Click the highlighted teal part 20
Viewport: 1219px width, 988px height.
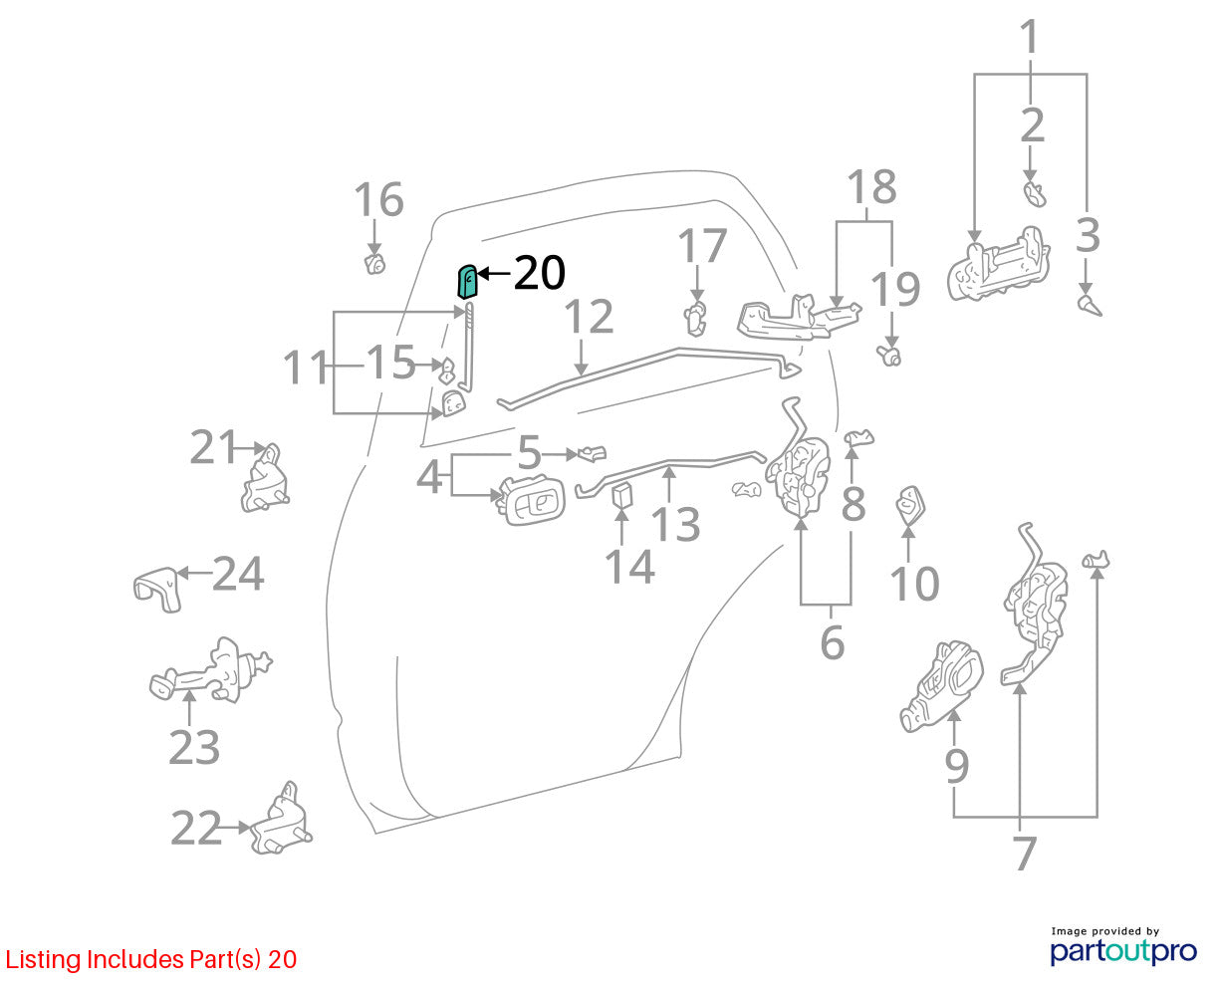(467, 282)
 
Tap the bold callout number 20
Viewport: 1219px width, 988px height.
(539, 273)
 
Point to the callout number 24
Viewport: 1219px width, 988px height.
(238, 574)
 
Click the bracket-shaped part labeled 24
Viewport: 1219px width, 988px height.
(158, 590)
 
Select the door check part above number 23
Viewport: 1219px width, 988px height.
(210, 669)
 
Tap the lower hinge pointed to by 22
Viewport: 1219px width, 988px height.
(281, 819)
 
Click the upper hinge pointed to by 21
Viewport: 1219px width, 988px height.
(265, 478)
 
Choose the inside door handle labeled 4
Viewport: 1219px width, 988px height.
(532, 501)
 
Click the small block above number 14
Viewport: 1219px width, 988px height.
(622, 495)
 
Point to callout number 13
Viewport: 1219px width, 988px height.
(675, 524)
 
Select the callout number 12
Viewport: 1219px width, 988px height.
(589, 316)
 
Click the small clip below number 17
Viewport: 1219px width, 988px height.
(695, 319)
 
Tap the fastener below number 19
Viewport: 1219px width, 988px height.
(888, 356)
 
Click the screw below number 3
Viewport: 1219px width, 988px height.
(1090, 305)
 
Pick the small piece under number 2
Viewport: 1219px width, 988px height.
(1035, 194)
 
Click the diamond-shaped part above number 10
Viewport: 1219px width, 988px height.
(910, 505)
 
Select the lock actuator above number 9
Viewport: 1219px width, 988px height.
(941, 686)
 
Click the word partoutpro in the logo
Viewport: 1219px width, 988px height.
(1122, 951)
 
